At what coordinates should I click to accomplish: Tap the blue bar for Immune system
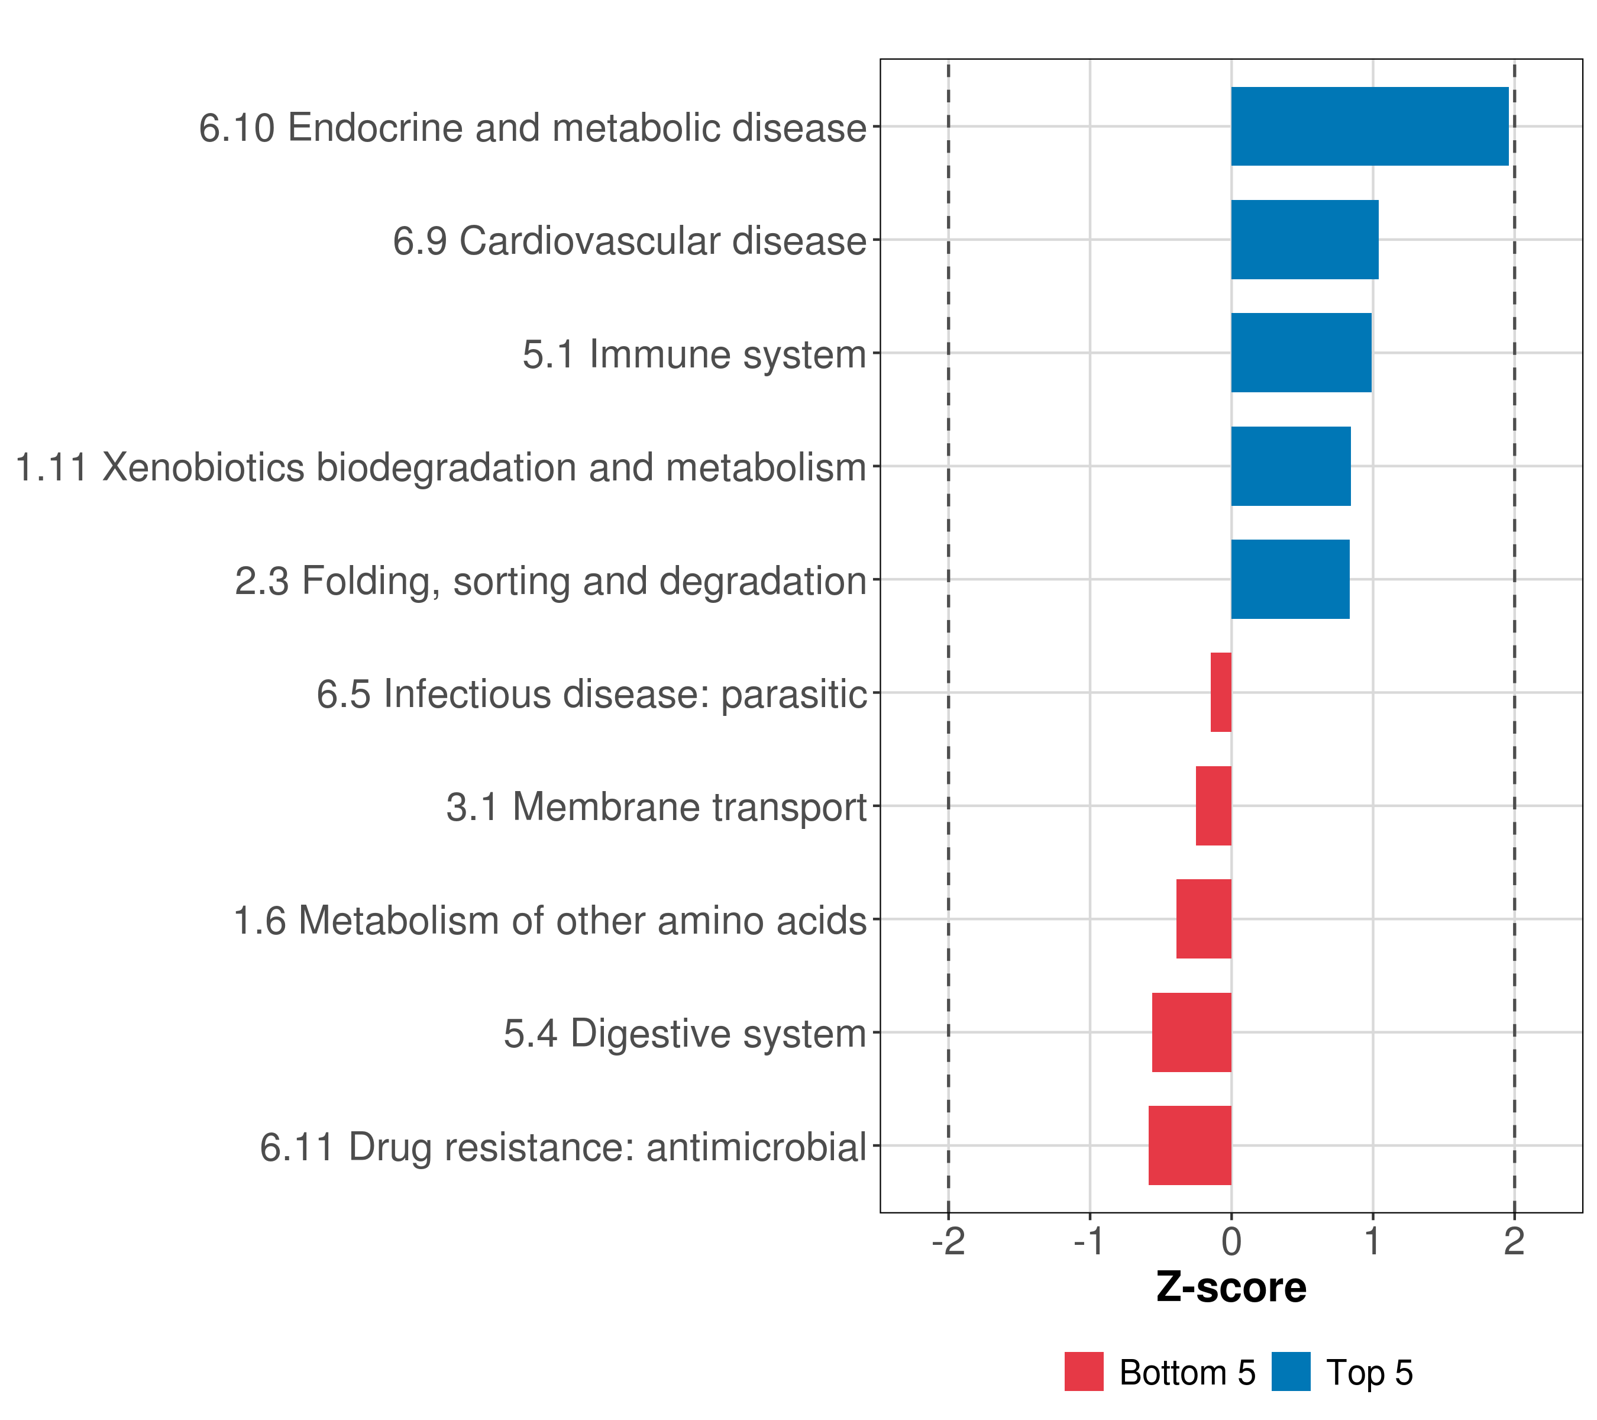coord(1301,353)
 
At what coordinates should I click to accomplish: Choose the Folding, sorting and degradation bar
coord(1290,579)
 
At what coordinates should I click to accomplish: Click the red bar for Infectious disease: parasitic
coord(1220,692)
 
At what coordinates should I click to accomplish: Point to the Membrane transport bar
coord(1213,806)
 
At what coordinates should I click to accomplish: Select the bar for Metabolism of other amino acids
coord(1203,919)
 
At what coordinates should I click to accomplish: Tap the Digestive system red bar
coord(1191,1032)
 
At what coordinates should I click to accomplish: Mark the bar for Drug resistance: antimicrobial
coord(1189,1145)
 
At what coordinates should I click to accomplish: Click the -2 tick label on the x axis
coord(948,1241)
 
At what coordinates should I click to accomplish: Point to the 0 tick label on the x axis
coord(1231,1241)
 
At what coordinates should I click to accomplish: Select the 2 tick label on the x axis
coord(1514,1241)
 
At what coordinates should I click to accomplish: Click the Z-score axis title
coord(1231,1288)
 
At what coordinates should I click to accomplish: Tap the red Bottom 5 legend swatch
coord(1084,1371)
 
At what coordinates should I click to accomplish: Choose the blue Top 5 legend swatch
coord(1291,1371)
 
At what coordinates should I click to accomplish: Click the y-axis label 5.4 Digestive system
coord(684,1034)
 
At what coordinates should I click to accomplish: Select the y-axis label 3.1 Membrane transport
coord(657,807)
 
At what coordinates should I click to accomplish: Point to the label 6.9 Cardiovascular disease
coord(629,241)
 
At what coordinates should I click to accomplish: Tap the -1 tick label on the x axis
coord(1089,1241)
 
